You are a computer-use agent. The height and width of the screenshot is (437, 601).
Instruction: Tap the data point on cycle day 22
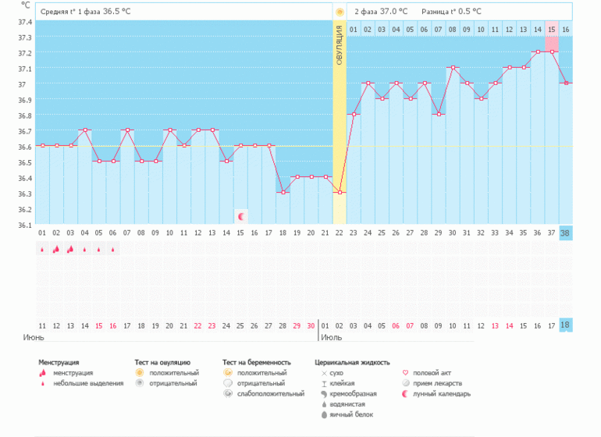pos(340,192)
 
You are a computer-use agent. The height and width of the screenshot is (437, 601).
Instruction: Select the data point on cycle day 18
pos(283,192)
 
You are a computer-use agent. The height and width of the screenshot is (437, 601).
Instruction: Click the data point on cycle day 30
pos(453,68)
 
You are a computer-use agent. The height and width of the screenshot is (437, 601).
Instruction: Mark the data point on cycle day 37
pos(552,52)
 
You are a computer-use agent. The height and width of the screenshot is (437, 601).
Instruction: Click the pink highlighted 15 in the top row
pos(552,30)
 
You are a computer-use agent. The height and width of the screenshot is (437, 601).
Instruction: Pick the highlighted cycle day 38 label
pos(565,233)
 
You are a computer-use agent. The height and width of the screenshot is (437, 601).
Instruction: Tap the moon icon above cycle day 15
pos(241,215)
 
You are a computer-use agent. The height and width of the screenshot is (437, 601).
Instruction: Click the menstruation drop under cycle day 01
pos(41,250)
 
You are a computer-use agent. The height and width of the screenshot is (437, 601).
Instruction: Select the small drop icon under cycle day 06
pos(113,250)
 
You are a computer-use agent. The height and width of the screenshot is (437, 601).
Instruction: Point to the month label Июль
pos(333,339)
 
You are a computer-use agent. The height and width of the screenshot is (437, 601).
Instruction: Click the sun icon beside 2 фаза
pos(340,12)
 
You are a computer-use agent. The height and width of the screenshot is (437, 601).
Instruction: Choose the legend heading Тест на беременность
pos(256,362)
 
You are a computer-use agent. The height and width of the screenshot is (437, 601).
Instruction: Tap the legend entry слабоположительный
pos(270,394)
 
